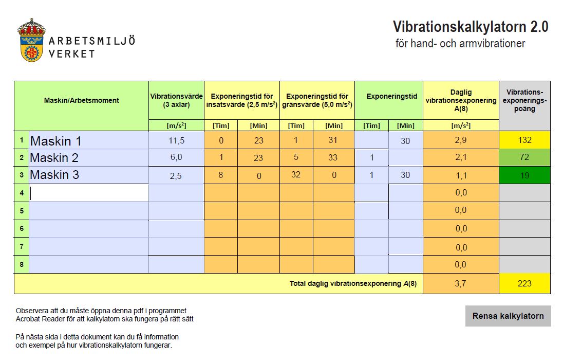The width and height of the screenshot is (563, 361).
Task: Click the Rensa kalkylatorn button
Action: coord(508,316)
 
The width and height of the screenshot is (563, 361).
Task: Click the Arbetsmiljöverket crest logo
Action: coord(31,40)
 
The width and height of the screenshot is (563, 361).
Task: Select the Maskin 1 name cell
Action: coord(89,140)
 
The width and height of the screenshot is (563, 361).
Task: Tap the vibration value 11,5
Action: coord(176,140)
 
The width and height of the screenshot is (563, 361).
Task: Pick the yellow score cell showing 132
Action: coord(524,140)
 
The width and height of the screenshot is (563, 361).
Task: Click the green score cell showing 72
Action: coord(524,157)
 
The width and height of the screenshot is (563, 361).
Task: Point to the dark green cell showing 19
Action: coord(524,175)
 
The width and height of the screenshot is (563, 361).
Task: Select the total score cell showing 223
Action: coord(524,283)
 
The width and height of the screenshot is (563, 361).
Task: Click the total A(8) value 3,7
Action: coord(461,283)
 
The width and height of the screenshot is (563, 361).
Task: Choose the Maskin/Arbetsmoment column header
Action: coord(82,101)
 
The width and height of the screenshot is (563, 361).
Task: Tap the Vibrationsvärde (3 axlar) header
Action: coord(176,101)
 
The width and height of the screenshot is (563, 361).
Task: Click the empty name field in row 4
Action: coord(89,193)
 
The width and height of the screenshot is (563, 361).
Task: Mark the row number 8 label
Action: coord(22,264)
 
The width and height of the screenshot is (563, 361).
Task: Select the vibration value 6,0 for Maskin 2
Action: coord(176,157)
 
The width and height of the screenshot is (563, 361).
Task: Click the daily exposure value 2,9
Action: coord(461,140)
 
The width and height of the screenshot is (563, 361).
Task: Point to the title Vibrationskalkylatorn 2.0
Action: coord(471,27)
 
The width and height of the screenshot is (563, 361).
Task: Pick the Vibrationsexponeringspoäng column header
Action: coord(524,101)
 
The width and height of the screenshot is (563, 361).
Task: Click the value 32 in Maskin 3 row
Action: coord(296,175)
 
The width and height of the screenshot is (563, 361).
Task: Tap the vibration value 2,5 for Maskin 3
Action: coord(176,175)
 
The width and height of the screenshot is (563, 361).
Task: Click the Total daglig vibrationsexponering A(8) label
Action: coord(353,283)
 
